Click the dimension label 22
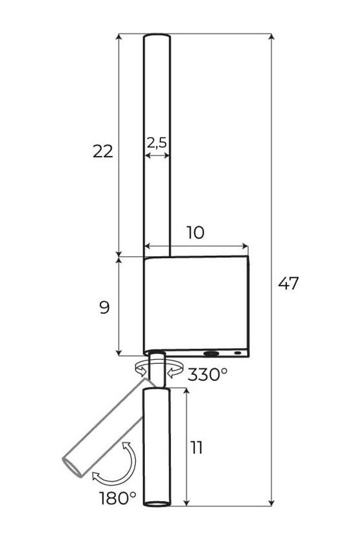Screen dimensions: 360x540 click(x=103, y=151)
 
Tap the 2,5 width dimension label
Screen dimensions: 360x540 click(x=157, y=142)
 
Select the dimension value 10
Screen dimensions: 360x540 click(x=195, y=233)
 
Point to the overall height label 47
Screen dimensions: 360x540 click(x=288, y=283)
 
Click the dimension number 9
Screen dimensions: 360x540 click(x=104, y=307)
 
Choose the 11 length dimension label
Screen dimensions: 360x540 click(x=197, y=448)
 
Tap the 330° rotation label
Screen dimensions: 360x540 click(x=208, y=374)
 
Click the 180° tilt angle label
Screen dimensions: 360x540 click(x=118, y=498)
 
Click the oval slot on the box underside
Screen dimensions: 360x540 click(x=211, y=353)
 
